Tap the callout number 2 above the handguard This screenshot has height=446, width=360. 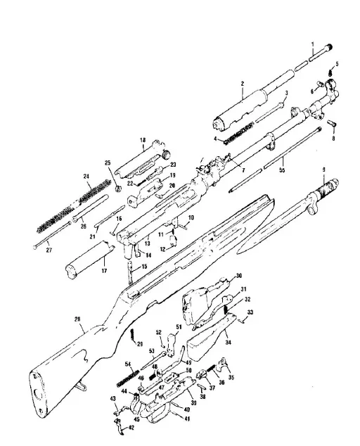(x=242, y=83)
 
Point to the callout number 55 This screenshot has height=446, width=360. (x=283, y=170)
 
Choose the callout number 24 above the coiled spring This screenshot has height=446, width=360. (x=86, y=177)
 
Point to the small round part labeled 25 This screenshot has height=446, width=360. (x=120, y=188)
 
